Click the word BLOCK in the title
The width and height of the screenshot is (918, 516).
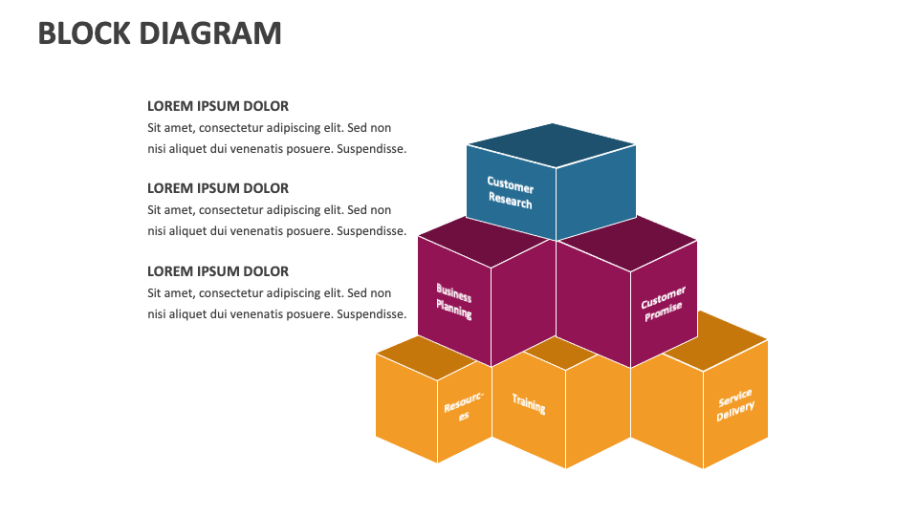click(84, 33)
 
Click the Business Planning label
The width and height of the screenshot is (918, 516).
click(454, 300)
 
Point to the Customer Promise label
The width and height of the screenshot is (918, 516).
click(663, 304)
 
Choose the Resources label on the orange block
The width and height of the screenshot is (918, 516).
click(465, 407)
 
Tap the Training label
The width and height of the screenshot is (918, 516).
click(528, 403)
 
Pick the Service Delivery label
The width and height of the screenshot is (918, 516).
click(735, 405)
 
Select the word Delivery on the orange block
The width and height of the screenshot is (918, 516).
click(736, 412)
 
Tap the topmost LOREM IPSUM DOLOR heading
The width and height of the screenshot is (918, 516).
click(218, 106)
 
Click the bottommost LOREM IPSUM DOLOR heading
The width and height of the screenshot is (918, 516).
click(218, 271)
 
